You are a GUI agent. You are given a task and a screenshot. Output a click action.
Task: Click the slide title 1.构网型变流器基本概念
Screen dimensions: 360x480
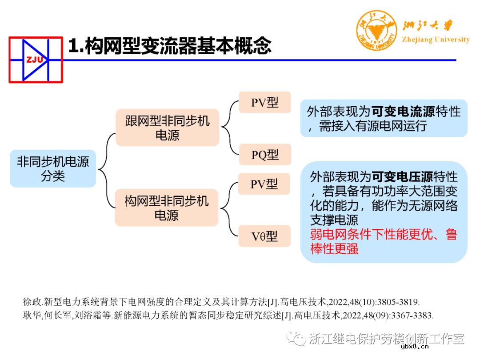coord(169,46)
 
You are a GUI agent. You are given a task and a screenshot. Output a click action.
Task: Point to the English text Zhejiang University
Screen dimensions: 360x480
coord(435,40)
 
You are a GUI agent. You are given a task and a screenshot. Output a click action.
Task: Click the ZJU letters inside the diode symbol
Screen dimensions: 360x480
coord(35,60)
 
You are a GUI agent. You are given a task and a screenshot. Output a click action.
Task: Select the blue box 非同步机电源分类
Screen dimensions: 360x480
coord(53,168)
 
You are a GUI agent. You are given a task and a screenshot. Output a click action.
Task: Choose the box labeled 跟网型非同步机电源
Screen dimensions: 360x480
coord(167,128)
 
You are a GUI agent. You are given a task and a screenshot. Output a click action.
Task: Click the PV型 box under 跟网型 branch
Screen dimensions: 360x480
coord(264,103)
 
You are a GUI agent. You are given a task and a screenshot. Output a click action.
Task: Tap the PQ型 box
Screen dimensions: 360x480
coord(265,155)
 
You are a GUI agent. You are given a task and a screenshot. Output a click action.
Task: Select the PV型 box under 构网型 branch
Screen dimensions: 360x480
coord(264,184)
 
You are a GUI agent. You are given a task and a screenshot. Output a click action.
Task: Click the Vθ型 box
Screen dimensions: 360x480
coord(264,236)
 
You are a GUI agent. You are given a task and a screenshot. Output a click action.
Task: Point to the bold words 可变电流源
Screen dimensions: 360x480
coord(404,111)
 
